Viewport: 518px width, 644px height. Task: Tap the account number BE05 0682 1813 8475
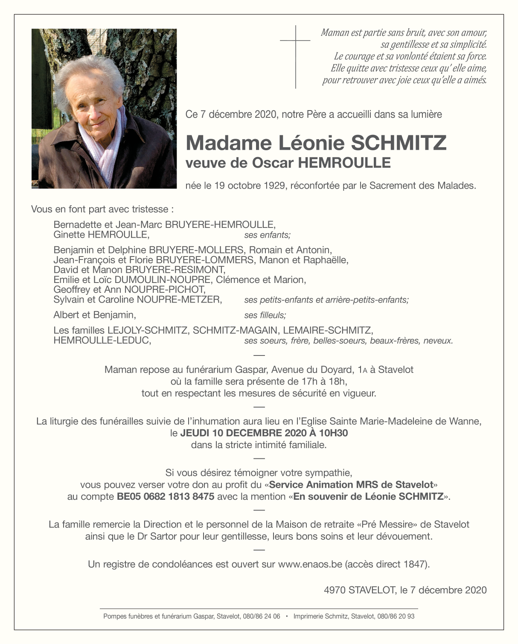point(166,496)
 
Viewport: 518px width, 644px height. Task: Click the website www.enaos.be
point(310,564)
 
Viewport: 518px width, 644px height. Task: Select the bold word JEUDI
point(195,433)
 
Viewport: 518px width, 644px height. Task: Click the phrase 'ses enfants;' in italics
point(267,235)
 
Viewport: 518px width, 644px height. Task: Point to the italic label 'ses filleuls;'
point(265,315)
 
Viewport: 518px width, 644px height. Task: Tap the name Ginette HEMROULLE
point(101,234)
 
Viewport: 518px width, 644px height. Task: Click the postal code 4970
point(335,590)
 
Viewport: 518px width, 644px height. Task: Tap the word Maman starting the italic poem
point(335,32)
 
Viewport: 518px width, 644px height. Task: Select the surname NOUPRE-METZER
point(179,300)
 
